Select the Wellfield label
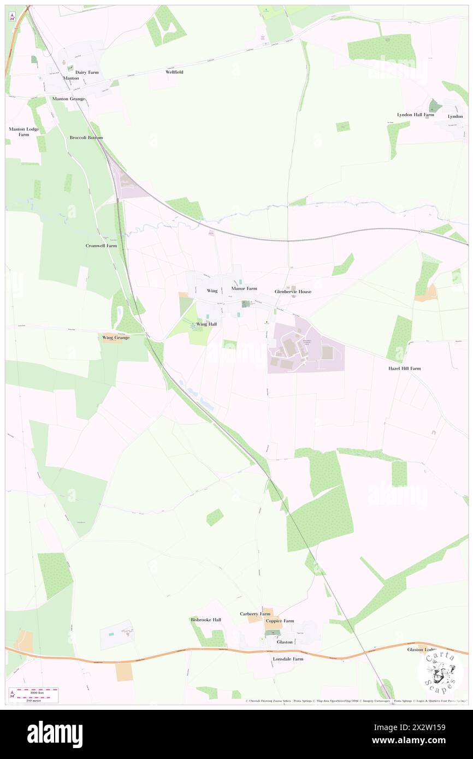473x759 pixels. click(175, 72)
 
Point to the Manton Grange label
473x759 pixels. click(68, 99)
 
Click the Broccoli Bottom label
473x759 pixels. click(86, 138)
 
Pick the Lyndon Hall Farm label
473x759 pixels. click(415, 115)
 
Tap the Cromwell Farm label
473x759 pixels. click(101, 246)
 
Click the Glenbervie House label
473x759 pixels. click(293, 292)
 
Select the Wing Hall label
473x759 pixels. click(206, 324)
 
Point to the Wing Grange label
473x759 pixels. click(116, 337)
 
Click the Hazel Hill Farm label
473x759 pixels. click(404, 369)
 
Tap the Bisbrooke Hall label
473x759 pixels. click(205, 620)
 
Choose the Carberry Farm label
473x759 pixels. click(255, 614)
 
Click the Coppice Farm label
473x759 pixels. click(280, 621)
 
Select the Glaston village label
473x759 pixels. click(285, 642)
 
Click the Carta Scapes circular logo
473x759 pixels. click(440, 673)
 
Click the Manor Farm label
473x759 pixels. click(244, 288)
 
